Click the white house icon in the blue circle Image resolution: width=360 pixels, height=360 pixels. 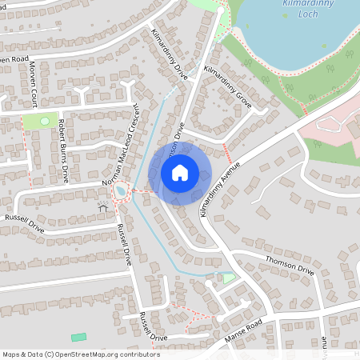coord(180,172)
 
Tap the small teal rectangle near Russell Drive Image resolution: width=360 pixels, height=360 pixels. coord(78,338)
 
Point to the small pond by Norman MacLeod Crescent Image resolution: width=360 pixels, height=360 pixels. coord(121,192)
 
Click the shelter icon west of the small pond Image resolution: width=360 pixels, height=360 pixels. coord(103,208)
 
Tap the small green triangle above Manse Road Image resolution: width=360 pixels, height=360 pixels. coord(229,278)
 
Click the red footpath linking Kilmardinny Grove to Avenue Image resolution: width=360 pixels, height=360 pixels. coord(226,153)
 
